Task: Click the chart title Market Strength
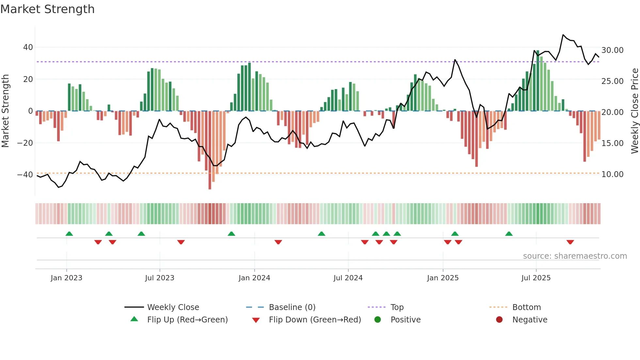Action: (47, 9)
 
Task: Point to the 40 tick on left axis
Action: (28, 47)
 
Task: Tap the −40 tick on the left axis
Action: (25, 175)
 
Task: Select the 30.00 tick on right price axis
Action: (612, 50)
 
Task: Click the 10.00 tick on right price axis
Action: (612, 174)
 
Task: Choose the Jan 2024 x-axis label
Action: (254, 278)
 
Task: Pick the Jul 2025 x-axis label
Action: (536, 278)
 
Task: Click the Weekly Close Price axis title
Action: (634, 111)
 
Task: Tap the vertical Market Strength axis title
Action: (5, 111)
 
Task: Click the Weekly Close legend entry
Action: (173, 307)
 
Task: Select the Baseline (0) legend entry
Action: (292, 307)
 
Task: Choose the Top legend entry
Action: (397, 307)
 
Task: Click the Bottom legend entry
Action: (526, 307)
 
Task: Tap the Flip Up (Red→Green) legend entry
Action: (187, 320)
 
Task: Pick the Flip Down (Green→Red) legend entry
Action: (315, 320)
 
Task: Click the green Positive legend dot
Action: (378, 320)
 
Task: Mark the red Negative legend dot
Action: (499, 320)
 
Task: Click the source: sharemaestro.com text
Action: (575, 256)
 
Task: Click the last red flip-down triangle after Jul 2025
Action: (570, 242)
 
